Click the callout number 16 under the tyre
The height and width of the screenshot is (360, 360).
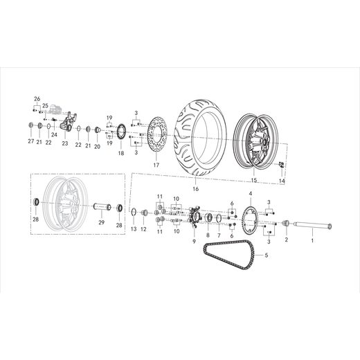tap(195, 188)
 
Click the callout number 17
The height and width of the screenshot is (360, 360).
tap(156, 166)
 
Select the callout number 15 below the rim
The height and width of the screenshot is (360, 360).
tap(253, 181)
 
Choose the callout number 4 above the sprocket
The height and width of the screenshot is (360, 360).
tap(250, 193)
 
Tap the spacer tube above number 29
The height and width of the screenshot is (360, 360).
tap(101, 206)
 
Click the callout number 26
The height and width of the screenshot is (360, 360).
tap(37, 98)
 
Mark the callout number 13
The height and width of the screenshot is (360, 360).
tap(134, 228)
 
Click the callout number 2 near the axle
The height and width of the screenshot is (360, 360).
tap(286, 240)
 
